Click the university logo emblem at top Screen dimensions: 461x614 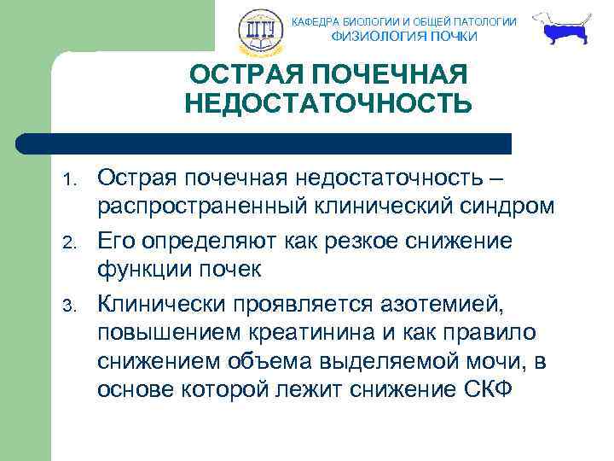pyautogui.click(x=257, y=30)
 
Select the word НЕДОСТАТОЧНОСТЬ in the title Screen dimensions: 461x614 pyautogui.click(x=327, y=103)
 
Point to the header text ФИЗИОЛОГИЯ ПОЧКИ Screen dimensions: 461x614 pyautogui.click(x=404, y=37)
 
